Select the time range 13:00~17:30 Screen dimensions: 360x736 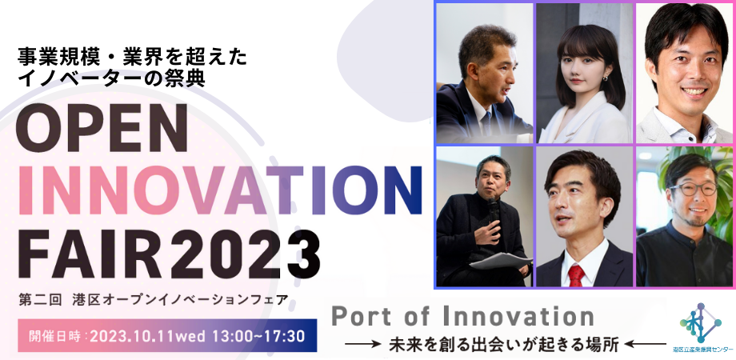click(255, 335)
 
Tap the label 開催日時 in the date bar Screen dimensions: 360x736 click(54, 335)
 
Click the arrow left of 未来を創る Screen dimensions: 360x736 click(363, 346)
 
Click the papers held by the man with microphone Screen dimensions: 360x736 click(500, 261)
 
